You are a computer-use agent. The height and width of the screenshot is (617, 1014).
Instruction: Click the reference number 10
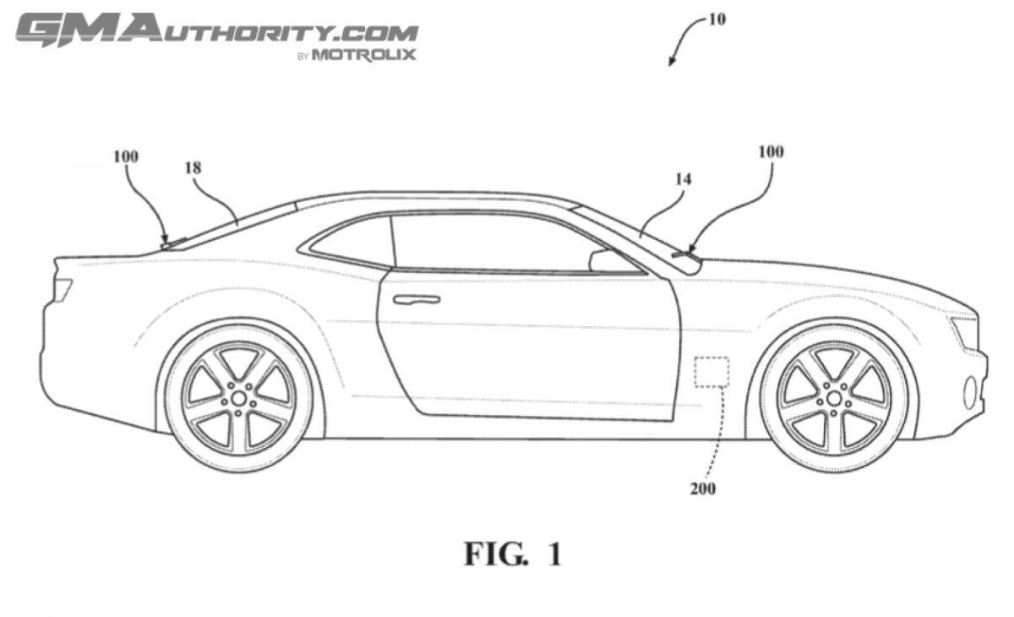tap(716, 18)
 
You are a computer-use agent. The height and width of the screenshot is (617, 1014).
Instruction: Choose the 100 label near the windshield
tap(770, 152)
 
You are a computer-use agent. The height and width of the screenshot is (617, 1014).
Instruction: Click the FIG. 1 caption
tap(512, 554)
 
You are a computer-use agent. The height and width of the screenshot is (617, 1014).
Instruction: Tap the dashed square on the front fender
tap(711, 372)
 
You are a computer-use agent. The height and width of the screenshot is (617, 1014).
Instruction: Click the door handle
tap(416, 298)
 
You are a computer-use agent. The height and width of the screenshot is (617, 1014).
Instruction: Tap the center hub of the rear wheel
tap(239, 396)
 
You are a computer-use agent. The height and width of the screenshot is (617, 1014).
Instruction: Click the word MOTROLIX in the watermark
tap(365, 56)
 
